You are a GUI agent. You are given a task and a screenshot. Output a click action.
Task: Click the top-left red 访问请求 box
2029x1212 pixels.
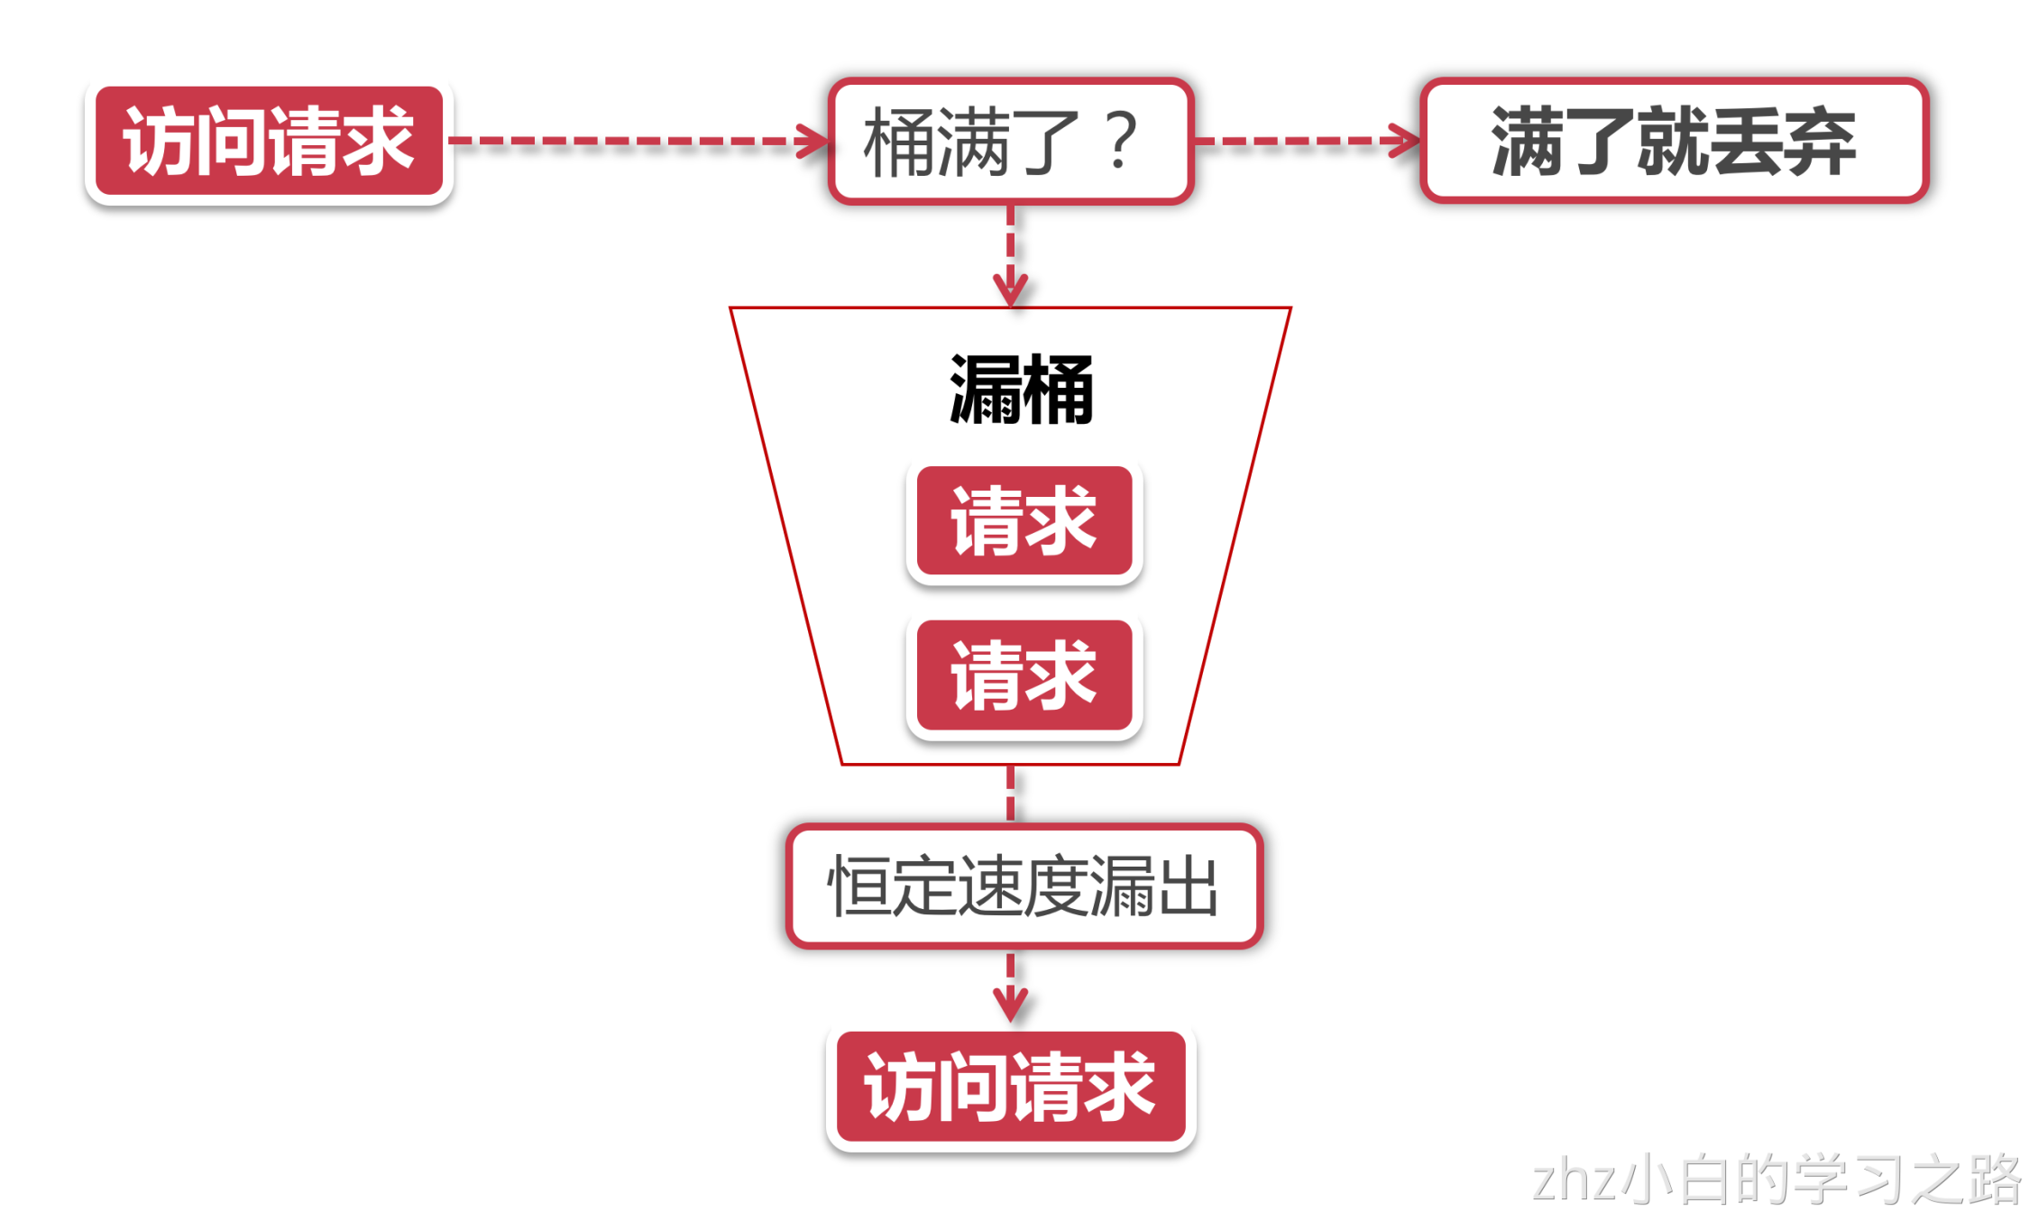pos(269,141)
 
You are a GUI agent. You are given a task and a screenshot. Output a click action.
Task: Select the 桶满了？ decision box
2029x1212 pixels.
pos(1011,141)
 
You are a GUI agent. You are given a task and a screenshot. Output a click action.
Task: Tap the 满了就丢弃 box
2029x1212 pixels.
pos(1674,141)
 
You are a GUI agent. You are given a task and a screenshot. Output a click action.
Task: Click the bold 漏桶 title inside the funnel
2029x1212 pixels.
pos(1021,390)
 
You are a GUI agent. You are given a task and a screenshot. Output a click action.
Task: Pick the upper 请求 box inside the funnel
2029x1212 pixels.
pos(1024,520)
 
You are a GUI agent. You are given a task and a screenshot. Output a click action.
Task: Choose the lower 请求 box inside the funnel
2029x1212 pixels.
pos(1024,675)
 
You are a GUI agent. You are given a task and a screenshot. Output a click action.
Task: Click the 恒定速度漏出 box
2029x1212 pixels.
pos(1024,886)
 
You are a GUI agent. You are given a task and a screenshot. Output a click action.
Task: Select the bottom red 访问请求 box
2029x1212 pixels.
pos(1011,1087)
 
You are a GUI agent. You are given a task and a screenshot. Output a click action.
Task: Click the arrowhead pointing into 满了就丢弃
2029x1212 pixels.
pos(1405,141)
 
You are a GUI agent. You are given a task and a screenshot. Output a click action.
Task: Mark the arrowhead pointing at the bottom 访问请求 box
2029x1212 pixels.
pos(1011,1003)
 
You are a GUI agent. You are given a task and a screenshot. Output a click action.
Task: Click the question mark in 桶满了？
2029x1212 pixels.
pos(1122,141)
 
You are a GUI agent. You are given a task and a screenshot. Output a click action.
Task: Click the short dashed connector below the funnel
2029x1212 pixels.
pos(1011,794)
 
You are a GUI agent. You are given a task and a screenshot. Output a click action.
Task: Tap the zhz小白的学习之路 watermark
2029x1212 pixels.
pos(1777,1179)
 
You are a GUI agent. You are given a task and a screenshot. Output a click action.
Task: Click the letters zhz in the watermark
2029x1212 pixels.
pos(1575,1180)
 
